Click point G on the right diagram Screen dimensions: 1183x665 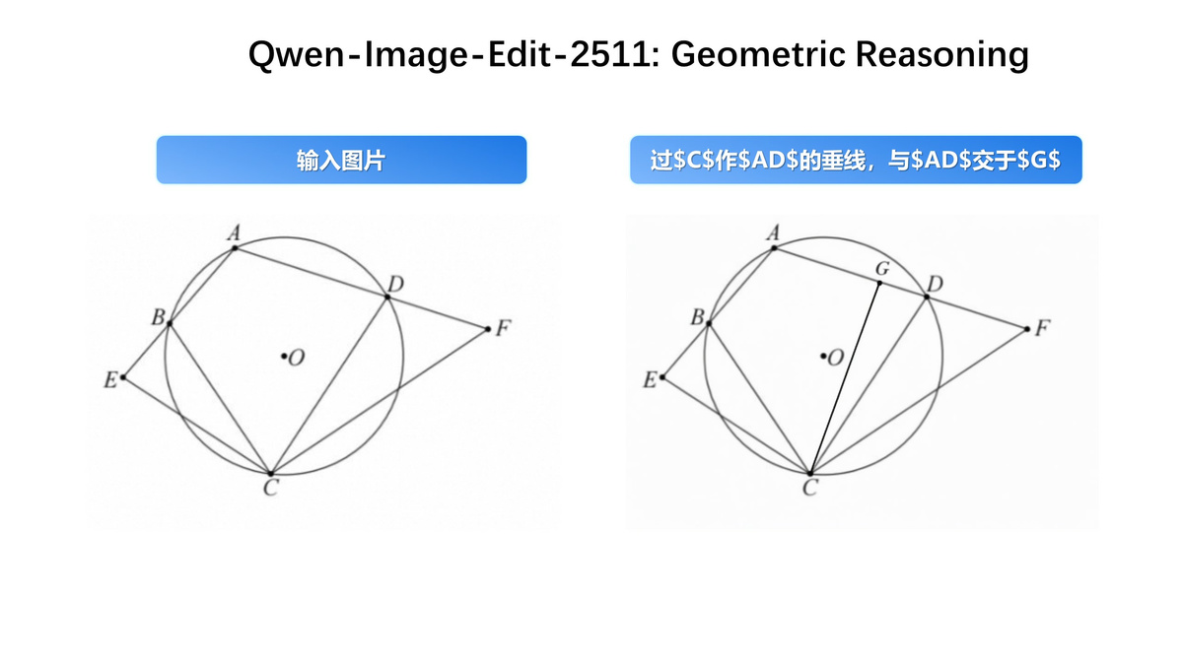pyautogui.click(x=879, y=284)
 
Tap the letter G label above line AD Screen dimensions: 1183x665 pyautogui.click(x=882, y=269)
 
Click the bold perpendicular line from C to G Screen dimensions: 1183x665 pyautogui.click(x=845, y=378)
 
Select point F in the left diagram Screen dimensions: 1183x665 pyautogui.click(x=488, y=329)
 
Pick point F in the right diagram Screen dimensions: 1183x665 pyautogui.click(x=1027, y=329)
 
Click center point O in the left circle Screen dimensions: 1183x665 pyautogui.click(x=284, y=357)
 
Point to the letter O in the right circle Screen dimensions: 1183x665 pyautogui.click(x=836, y=359)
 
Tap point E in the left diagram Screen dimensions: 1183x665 pyautogui.click(x=123, y=376)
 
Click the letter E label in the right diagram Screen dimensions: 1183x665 pyautogui.click(x=650, y=379)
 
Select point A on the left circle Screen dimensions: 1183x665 pyautogui.click(x=235, y=247)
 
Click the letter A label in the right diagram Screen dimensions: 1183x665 pyautogui.click(x=774, y=233)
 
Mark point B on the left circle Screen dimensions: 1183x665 pyautogui.click(x=170, y=323)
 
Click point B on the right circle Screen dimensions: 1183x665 pyautogui.click(x=709, y=323)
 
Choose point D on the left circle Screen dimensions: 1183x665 pyautogui.click(x=387, y=298)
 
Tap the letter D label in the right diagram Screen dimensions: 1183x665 pyautogui.click(x=935, y=284)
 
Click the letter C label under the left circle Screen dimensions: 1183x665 pyautogui.click(x=271, y=488)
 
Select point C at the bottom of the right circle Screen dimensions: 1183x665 pyautogui.click(x=810, y=474)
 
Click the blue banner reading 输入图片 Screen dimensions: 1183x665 pyautogui.click(x=342, y=160)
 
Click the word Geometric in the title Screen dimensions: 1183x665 pyautogui.click(x=758, y=54)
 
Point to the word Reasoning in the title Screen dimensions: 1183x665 pyautogui.click(x=942, y=55)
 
